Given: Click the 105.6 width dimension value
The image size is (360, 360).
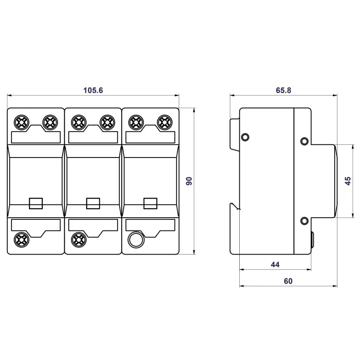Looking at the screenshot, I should tap(93, 90).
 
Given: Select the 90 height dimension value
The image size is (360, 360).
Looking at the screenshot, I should tap(189, 181).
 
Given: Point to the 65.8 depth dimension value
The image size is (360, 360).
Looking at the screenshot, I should tap(283, 90).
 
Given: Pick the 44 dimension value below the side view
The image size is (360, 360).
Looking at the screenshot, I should tap(275, 265).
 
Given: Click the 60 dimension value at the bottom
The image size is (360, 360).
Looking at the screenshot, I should tap(288, 281).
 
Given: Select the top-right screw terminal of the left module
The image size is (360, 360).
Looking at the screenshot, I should tap(50, 122).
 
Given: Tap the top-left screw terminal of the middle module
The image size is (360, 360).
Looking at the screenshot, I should tap(78, 122).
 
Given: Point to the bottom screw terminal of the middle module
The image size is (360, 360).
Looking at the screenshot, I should tap(78, 239).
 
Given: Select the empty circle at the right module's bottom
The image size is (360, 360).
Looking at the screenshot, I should tap(136, 239).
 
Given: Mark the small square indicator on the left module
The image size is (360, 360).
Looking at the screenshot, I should tap(35, 203).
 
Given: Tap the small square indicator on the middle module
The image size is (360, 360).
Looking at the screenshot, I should tap(93, 203).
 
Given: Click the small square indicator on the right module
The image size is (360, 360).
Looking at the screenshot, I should tap(150, 203).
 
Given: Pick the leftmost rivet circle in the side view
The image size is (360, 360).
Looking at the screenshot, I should tap(245, 137).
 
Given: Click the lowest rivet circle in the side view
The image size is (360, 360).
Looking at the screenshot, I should tap(304, 220).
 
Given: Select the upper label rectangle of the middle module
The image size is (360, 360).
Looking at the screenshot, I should tap(93, 137).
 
